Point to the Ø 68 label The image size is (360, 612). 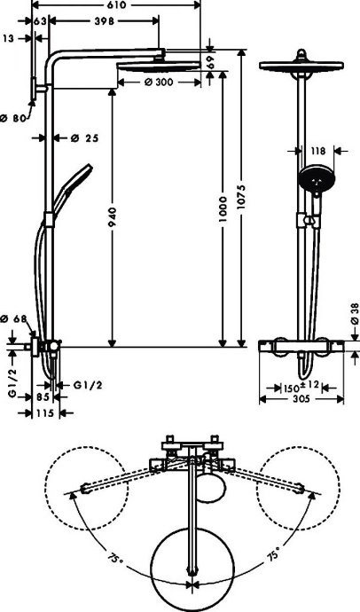pyautogui.click(x=17, y=318)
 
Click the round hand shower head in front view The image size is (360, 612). pyautogui.click(x=317, y=178)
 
